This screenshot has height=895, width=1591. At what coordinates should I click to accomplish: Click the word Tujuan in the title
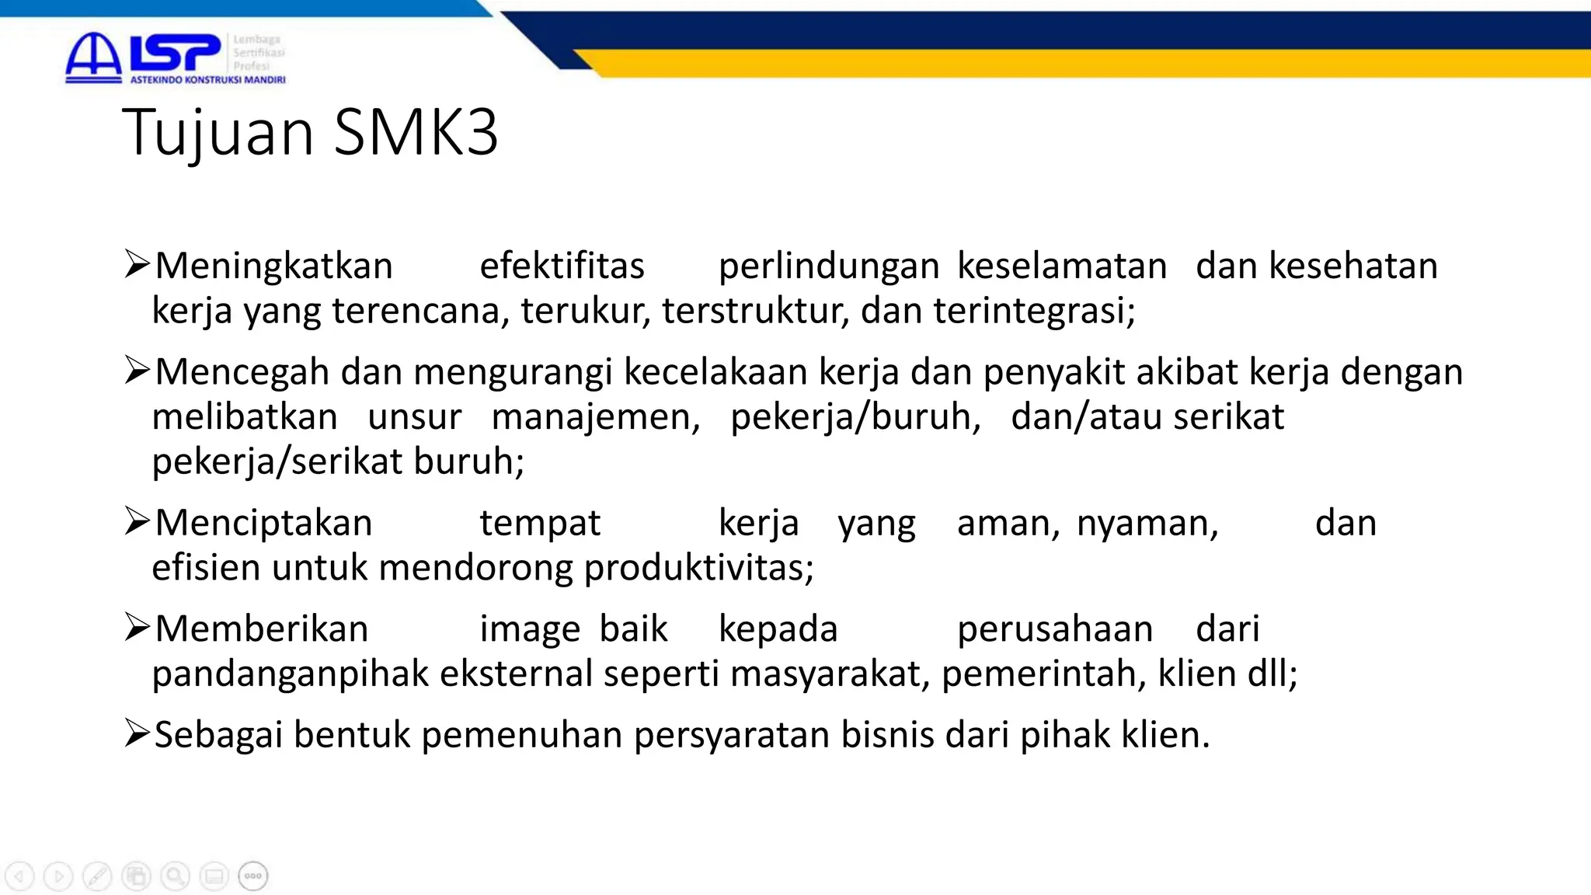(218, 132)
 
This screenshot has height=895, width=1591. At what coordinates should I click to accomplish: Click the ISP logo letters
(176, 53)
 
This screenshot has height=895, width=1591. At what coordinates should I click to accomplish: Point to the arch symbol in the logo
(93, 56)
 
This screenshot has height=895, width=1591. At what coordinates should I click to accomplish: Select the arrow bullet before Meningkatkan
(137, 264)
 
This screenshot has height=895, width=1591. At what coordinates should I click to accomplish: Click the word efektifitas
(562, 266)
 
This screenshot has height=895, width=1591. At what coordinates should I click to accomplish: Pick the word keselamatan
(1062, 266)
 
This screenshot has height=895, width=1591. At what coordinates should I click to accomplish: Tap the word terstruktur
(754, 311)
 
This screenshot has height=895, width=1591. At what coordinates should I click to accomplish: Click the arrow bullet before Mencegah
(137, 370)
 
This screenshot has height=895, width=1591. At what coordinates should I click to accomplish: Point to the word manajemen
(596, 417)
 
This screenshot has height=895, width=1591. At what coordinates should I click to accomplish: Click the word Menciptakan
(263, 523)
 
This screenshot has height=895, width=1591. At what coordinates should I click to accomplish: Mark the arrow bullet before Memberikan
(137, 627)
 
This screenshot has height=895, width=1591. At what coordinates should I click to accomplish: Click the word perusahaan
(1054, 629)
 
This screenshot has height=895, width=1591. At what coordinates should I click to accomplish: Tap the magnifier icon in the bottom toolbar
(176, 876)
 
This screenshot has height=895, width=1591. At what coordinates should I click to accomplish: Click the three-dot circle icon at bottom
(253, 876)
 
